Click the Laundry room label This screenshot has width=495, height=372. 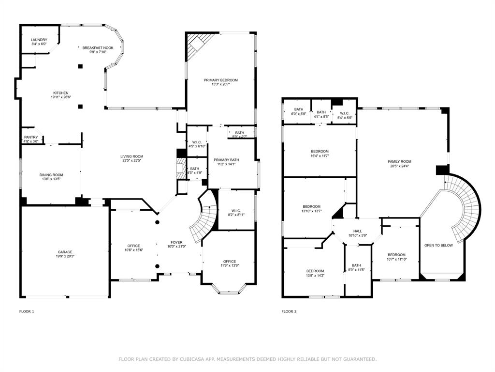point(39,40)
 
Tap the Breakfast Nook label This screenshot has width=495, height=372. point(98,48)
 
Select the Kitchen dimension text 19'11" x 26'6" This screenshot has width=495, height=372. point(61,97)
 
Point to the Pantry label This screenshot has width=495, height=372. point(31,138)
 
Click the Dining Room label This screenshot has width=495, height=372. point(51,175)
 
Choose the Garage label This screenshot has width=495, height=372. point(65,252)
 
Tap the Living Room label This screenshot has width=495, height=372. point(131,156)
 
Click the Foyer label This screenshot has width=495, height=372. point(176,242)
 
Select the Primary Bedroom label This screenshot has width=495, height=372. point(220,80)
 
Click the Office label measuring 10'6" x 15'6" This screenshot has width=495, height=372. point(133,246)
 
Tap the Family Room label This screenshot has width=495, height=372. point(399,161)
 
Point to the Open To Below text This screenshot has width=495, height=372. point(438,245)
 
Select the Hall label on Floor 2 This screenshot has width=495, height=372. point(357,232)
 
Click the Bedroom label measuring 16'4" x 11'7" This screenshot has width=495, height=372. point(320,151)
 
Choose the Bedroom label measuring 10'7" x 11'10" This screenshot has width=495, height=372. point(396,255)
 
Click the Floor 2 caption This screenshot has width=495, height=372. point(289,311)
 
